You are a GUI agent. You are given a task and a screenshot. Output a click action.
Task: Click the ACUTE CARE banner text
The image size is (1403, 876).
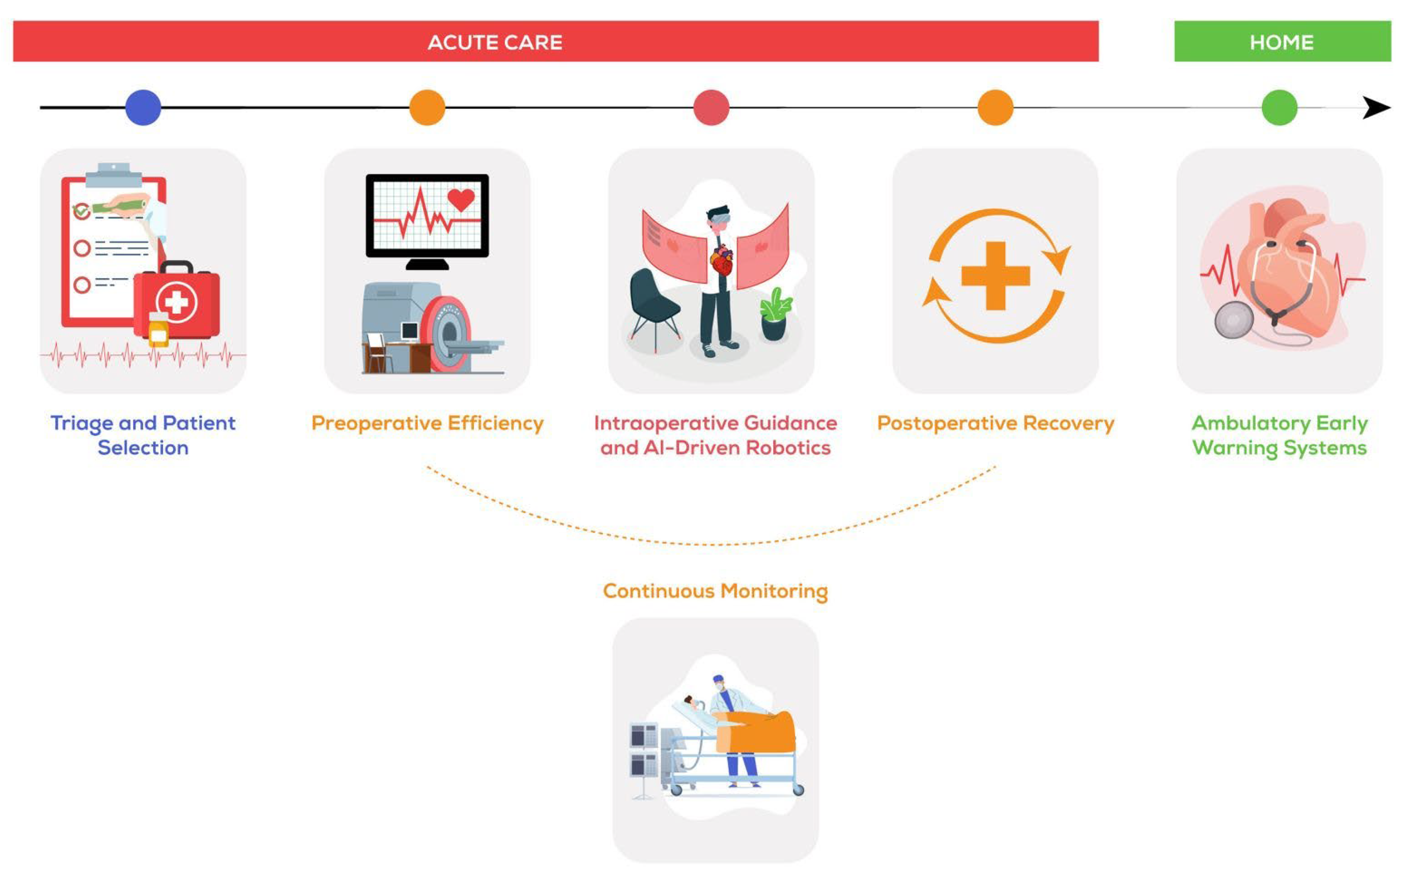494,42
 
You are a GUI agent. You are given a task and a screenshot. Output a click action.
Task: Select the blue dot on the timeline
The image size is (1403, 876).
143,108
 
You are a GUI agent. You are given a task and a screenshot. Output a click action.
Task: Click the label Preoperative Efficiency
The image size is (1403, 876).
428,423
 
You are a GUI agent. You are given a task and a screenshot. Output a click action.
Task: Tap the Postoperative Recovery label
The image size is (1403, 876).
995,423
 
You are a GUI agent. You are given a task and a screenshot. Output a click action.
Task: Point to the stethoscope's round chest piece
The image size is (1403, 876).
1234,320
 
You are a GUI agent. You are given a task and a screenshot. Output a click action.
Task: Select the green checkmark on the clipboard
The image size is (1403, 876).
82,211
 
